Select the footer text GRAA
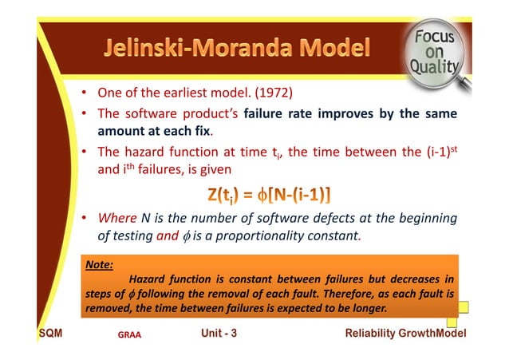click(128, 335)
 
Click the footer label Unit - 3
click(219, 333)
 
